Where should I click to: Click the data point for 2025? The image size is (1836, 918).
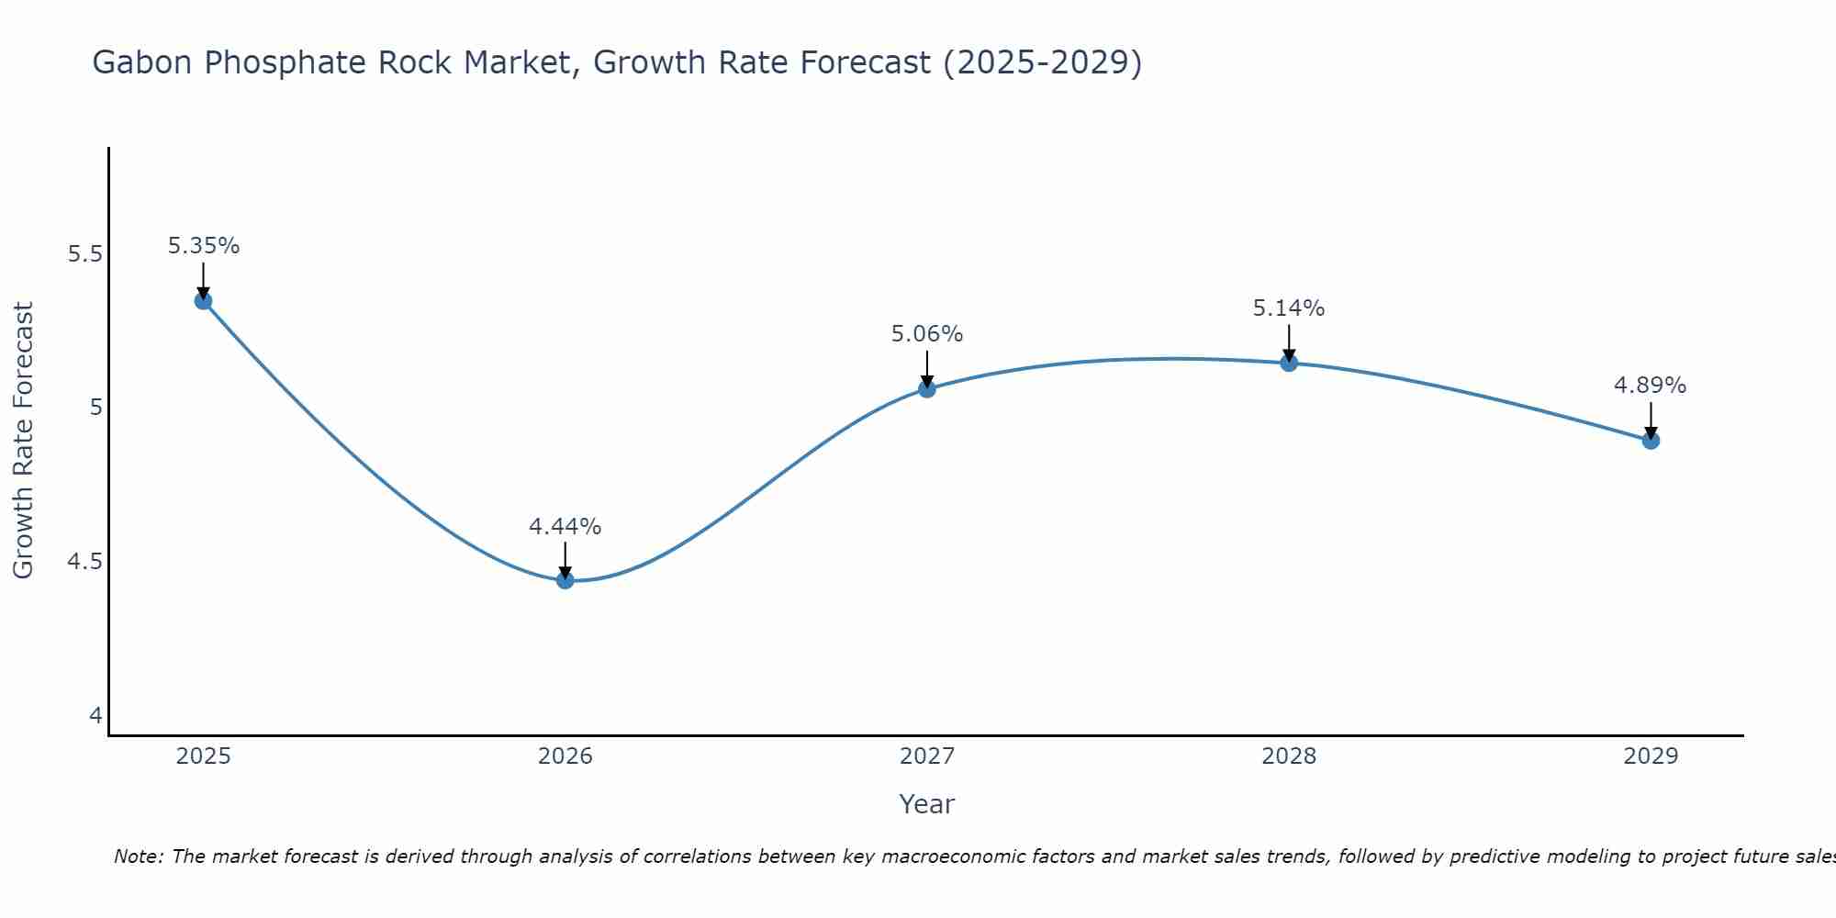pos(203,301)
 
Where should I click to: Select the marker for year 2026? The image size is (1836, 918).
pos(565,580)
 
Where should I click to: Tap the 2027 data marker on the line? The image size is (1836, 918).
pos(926,389)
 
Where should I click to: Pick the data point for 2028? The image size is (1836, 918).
pos(1288,364)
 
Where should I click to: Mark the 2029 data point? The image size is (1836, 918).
pos(1651,441)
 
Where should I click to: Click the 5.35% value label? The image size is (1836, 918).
pos(204,246)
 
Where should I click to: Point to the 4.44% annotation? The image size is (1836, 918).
pos(565,527)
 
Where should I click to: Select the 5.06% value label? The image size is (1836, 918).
pos(927,334)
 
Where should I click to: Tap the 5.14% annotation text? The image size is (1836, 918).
pos(1289,308)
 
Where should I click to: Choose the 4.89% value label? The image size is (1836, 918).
pos(1650,386)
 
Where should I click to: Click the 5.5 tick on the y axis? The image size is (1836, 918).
pos(84,254)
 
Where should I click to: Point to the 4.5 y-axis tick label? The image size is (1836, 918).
pos(84,562)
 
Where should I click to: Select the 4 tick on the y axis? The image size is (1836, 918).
pos(95,716)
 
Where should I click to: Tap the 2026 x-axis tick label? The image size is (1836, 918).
pos(565,756)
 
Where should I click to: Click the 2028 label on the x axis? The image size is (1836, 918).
pos(1288,756)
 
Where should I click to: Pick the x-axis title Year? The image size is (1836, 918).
pos(926,804)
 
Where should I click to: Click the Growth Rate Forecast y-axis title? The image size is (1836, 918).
pos(24,440)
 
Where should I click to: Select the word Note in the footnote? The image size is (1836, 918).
pos(138,856)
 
